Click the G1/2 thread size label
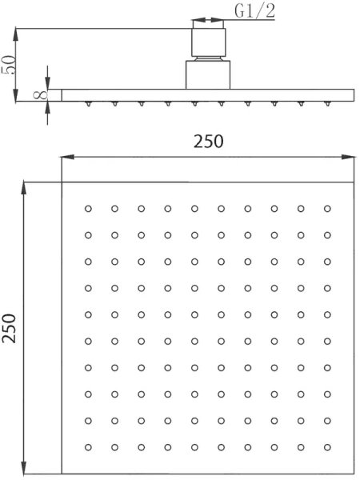(x=254, y=10)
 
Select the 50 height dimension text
(x=8, y=65)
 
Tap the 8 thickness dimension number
(x=41, y=94)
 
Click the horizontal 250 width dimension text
(x=208, y=142)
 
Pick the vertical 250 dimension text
(x=8, y=328)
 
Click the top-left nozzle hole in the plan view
(x=88, y=209)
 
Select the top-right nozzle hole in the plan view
(x=327, y=209)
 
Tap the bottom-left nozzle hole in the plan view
(x=88, y=447)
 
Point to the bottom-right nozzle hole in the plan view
(x=327, y=447)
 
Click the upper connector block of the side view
(x=209, y=42)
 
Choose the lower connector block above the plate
(x=208, y=75)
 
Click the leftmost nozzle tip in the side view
(x=88, y=104)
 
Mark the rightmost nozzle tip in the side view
(x=327, y=104)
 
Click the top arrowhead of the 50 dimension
(x=16, y=35)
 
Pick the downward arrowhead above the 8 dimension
(x=47, y=82)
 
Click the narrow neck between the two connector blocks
(x=208, y=58)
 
